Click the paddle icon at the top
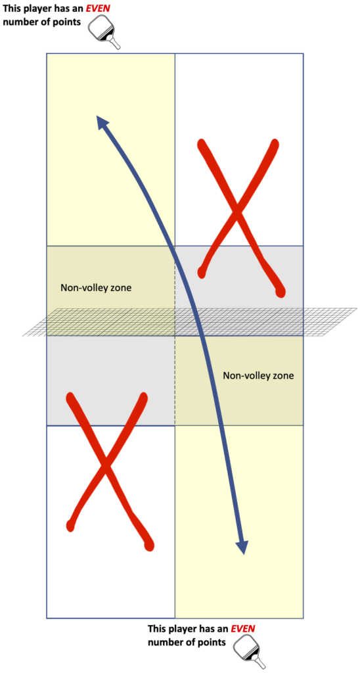[104, 33]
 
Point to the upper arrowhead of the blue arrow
[102, 122]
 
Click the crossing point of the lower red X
[105, 466]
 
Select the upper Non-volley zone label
[96, 288]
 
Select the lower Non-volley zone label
[258, 375]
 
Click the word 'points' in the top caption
[70, 22]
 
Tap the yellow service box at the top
[110, 149]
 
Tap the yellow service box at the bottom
[239, 521]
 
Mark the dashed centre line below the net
[175, 381]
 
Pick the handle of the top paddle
[114, 43]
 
